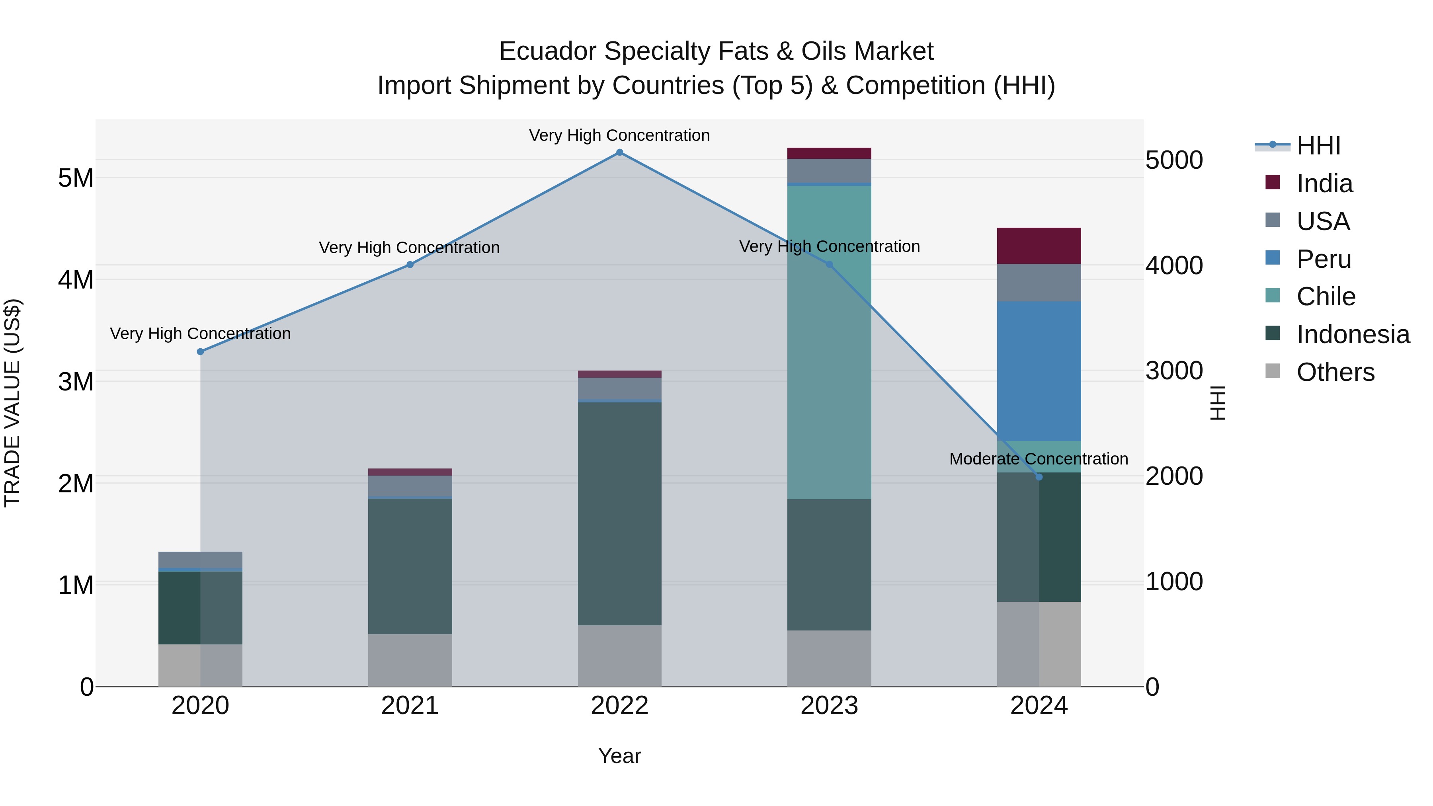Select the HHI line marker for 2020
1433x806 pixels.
(x=200, y=351)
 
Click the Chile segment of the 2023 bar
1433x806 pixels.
(x=829, y=342)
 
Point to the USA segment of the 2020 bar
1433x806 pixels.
(x=200, y=559)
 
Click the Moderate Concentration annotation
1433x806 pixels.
(x=1038, y=459)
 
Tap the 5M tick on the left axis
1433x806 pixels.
(x=76, y=178)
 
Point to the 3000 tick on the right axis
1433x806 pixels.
(x=1174, y=371)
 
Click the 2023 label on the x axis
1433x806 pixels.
(x=829, y=706)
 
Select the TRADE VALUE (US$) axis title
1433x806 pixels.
(x=12, y=403)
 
